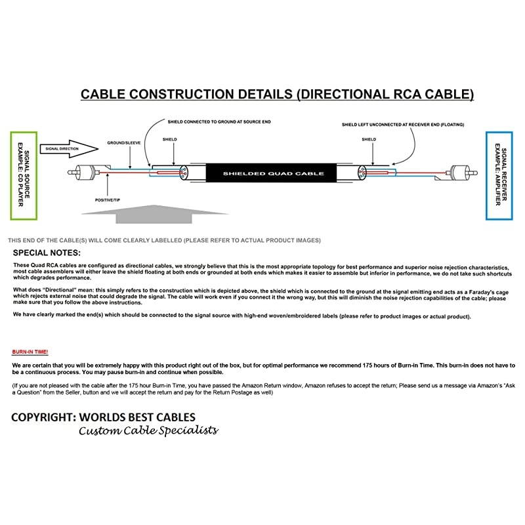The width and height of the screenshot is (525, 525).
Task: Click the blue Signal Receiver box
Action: click(498, 175)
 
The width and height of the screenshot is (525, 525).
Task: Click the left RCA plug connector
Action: click(82, 174)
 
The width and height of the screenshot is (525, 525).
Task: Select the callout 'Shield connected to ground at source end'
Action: click(201, 121)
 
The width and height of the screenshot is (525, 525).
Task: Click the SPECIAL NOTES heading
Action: click(47, 253)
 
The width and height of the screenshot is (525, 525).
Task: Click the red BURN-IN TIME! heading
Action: click(30, 352)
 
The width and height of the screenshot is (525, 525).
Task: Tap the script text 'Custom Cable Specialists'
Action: click(148, 430)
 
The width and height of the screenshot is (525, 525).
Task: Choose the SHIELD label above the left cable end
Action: click(170, 140)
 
